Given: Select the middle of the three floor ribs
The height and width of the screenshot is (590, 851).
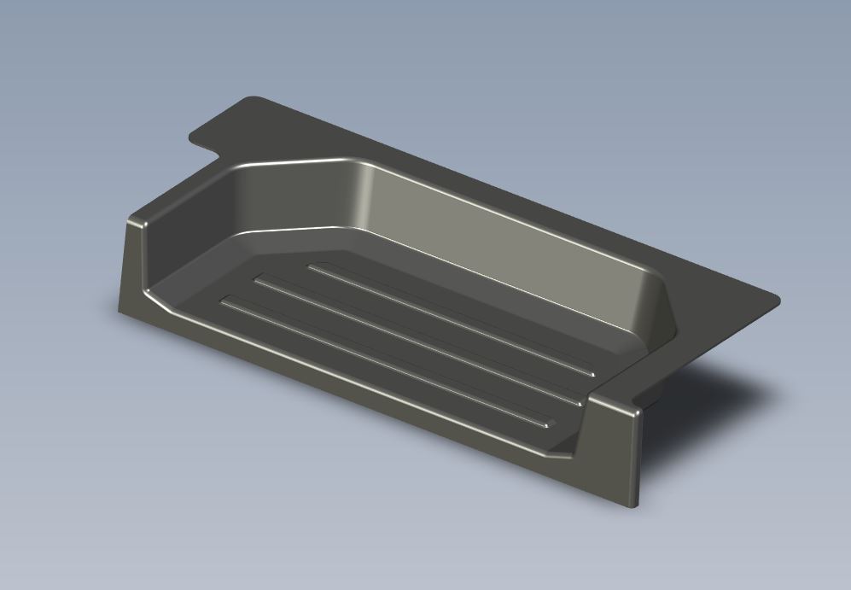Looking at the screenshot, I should click(x=418, y=340).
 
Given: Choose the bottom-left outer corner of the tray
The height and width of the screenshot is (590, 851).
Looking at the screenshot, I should click(x=120, y=309).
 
